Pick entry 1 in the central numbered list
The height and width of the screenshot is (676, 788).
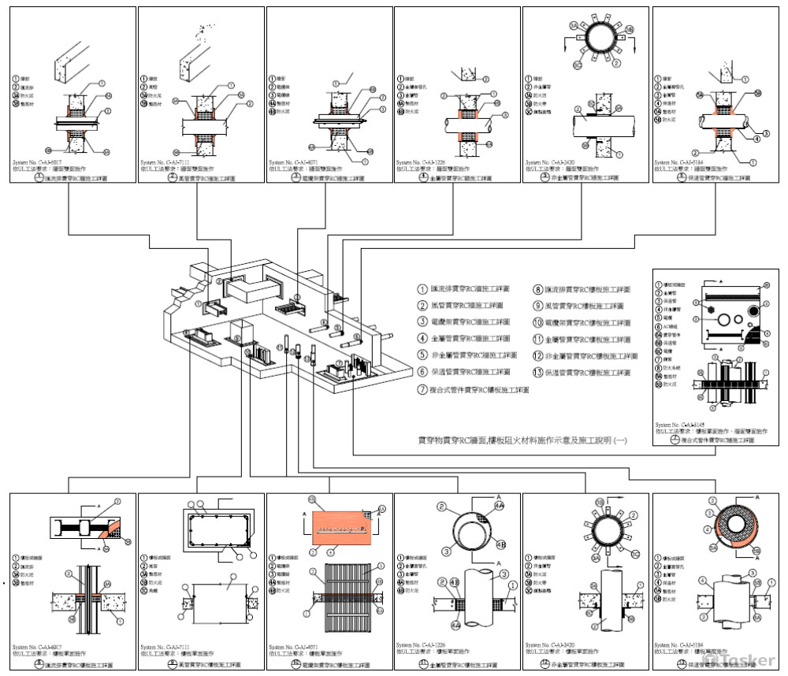pos(465,289)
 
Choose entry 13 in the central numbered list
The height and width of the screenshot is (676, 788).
pos(587,373)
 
